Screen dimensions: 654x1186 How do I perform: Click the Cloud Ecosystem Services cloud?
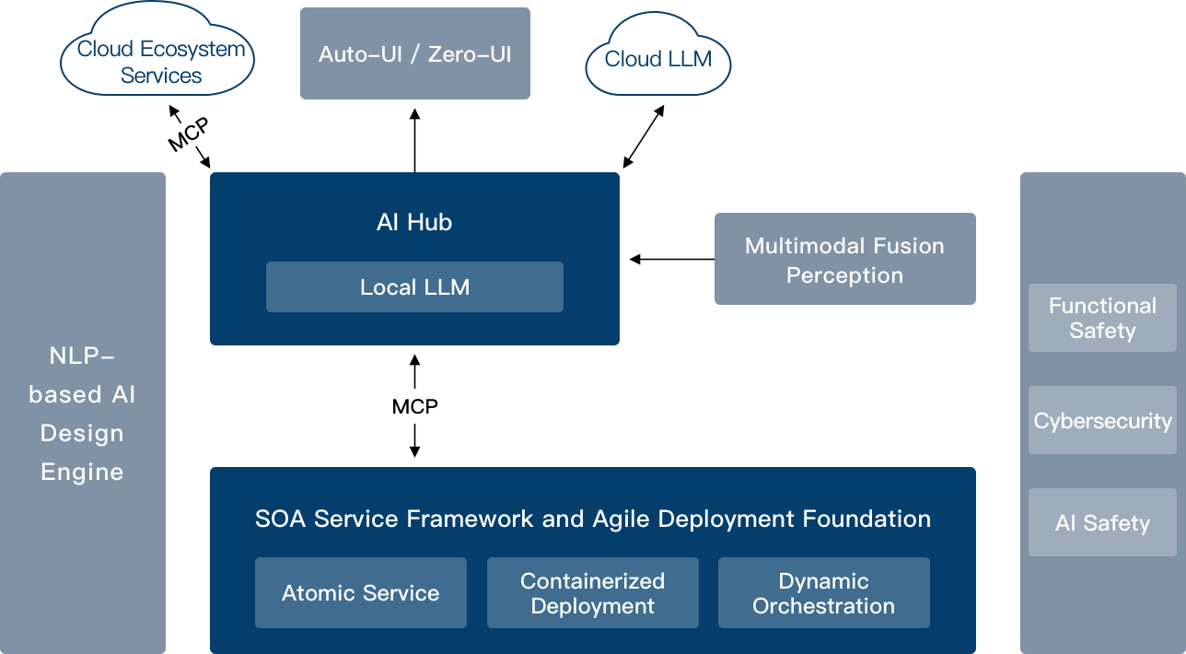pyautogui.click(x=158, y=55)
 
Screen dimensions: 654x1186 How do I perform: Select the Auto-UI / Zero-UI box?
pyautogui.click(x=414, y=53)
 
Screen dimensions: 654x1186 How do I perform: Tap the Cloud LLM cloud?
pyautogui.click(x=657, y=59)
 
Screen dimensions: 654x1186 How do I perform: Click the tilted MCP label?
pyautogui.click(x=189, y=134)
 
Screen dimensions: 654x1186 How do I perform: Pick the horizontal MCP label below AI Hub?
pyautogui.click(x=414, y=406)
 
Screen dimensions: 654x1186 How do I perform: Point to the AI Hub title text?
pyautogui.click(x=414, y=222)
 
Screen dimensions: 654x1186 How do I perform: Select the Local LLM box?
pyautogui.click(x=414, y=286)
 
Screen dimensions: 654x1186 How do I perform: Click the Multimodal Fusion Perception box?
pyautogui.click(x=844, y=259)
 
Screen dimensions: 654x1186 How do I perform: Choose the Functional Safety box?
pyautogui.click(x=1101, y=318)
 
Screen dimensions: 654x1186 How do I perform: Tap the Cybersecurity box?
pyautogui.click(x=1101, y=421)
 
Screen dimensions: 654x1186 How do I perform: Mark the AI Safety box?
pyautogui.click(x=1101, y=522)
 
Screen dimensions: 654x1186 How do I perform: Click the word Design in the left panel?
pyautogui.click(x=82, y=433)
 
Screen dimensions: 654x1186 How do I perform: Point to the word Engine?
pyautogui.click(x=82, y=472)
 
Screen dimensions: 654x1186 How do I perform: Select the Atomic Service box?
pyautogui.click(x=360, y=592)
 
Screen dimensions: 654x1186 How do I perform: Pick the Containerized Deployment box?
pyautogui.click(x=592, y=592)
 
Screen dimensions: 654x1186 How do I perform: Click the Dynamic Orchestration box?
pyautogui.click(x=823, y=592)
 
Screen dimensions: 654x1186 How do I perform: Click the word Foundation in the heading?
pyautogui.click(x=866, y=519)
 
